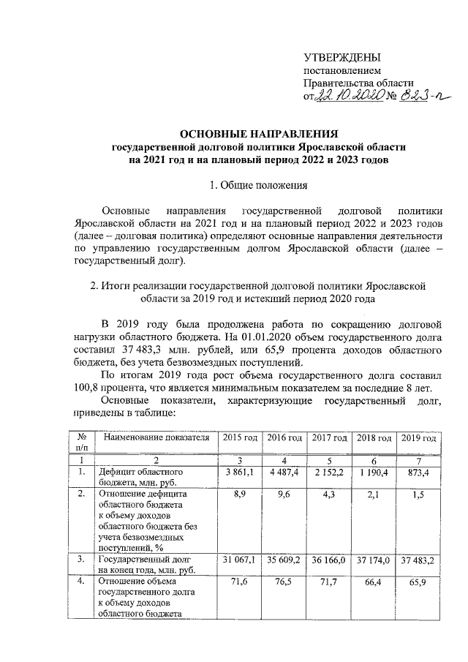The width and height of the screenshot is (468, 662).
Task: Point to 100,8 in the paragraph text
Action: click(x=92, y=388)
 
